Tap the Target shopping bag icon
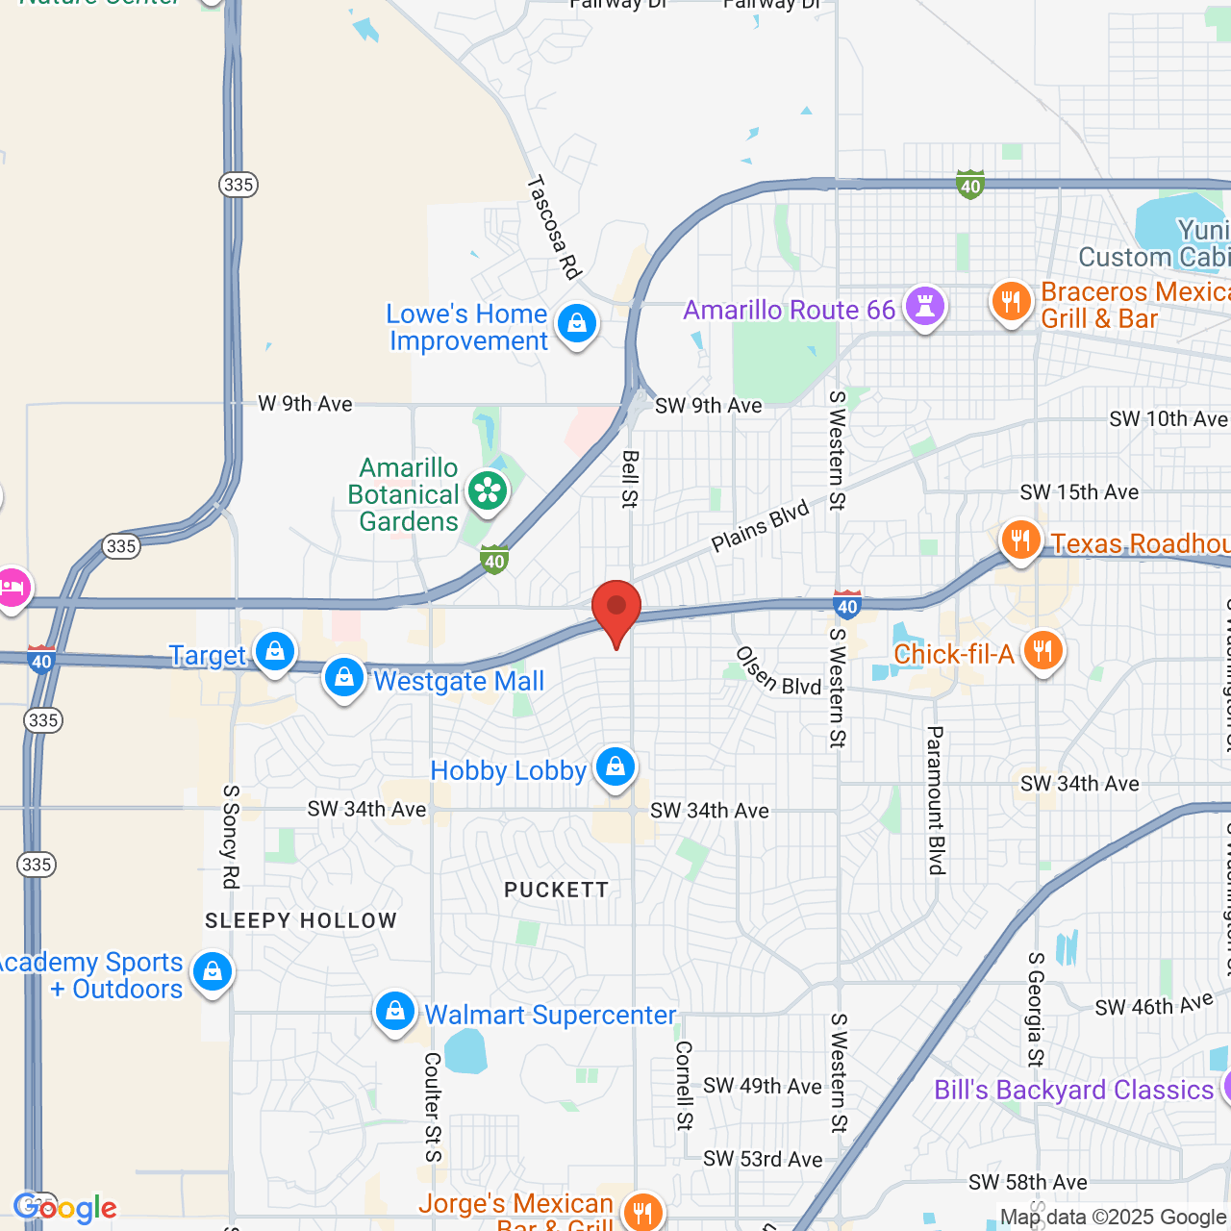(275, 652)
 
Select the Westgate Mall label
(459, 681)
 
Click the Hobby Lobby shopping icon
(615, 767)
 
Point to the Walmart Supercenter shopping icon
(394, 1012)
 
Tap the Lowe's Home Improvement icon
(577, 324)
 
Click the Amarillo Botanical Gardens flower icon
(488, 491)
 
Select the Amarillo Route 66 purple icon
(925, 306)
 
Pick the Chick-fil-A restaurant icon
(1043, 651)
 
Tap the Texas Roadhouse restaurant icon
(1020, 540)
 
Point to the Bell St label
(630, 479)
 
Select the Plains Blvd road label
(760, 527)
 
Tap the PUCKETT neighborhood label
(557, 890)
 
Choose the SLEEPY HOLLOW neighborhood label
(301, 920)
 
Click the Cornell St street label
(684, 1085)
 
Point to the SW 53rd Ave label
(763, 1159)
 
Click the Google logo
(65, 1208)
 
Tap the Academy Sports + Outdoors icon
(212, 972)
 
